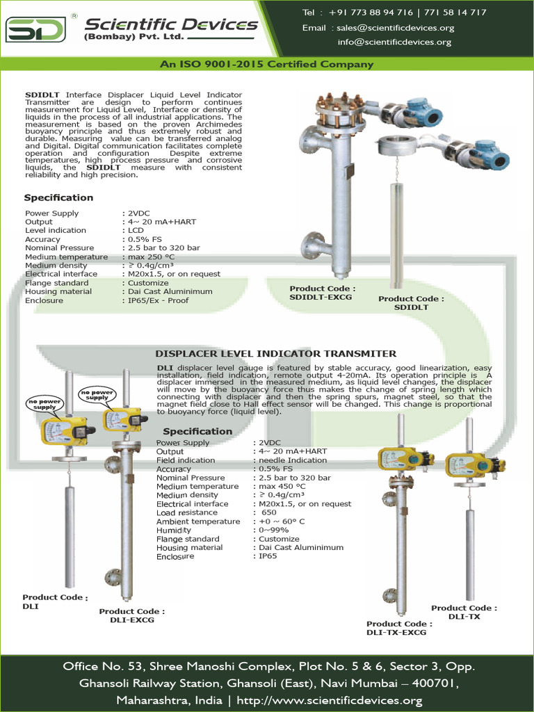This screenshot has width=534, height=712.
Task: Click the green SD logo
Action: click(35, 29)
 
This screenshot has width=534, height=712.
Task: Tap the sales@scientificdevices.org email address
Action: click(395, 28)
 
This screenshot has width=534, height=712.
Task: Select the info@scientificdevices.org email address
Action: click(394, 42)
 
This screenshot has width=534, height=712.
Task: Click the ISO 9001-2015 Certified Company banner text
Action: click(267, 65)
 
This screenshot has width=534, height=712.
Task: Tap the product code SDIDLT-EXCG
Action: click(321, 297)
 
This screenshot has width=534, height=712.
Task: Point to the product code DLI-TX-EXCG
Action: click(396, 632)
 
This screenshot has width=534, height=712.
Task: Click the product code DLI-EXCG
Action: click(131, 620)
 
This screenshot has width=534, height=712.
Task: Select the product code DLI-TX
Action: click(464, 616)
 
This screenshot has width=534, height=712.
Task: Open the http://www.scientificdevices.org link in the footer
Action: click(330, 700)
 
